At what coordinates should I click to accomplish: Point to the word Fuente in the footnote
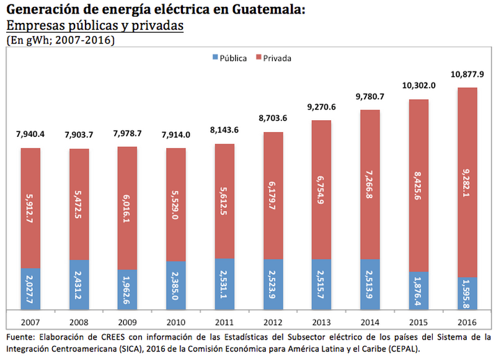21,337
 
